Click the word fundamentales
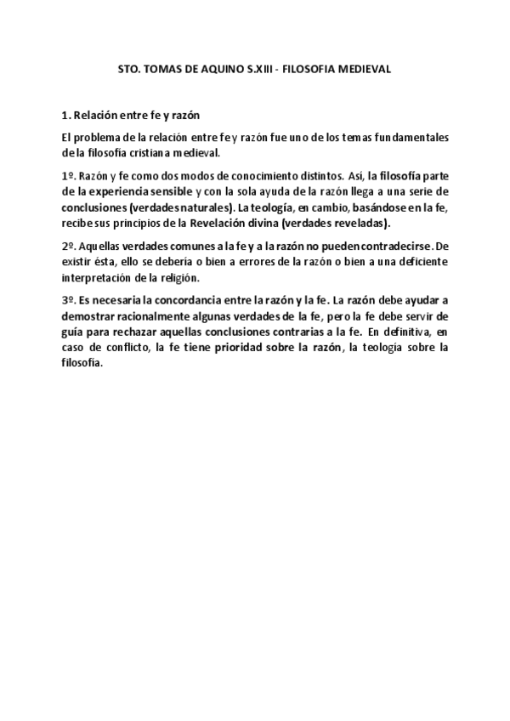coord(410,138)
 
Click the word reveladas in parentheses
coord(359,224)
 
